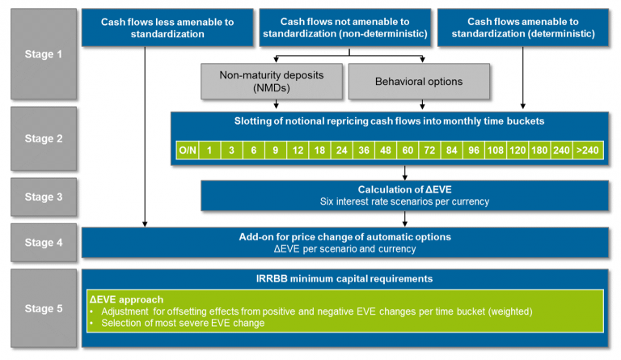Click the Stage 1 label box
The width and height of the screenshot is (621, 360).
[x=44, y=53]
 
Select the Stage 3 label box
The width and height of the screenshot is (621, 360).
[x=44, y=196]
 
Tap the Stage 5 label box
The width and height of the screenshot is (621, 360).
[x=44, y=307]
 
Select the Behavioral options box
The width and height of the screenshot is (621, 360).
[x=419, y=81]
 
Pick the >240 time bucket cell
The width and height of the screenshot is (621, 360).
[x=588, y=150]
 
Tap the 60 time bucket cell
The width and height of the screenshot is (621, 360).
[x=408, y=150]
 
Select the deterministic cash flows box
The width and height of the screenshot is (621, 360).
[x=522, y=28]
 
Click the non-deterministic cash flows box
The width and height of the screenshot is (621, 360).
[x=344, y=28]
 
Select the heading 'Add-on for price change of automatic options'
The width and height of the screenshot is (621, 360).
[x=344, y=237]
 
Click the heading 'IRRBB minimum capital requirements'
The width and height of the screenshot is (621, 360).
[x=344, y=279]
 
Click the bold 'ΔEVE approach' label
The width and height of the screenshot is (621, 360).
[x=127, y=299]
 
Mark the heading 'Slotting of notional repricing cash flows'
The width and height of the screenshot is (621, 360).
[x=390, y=122]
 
